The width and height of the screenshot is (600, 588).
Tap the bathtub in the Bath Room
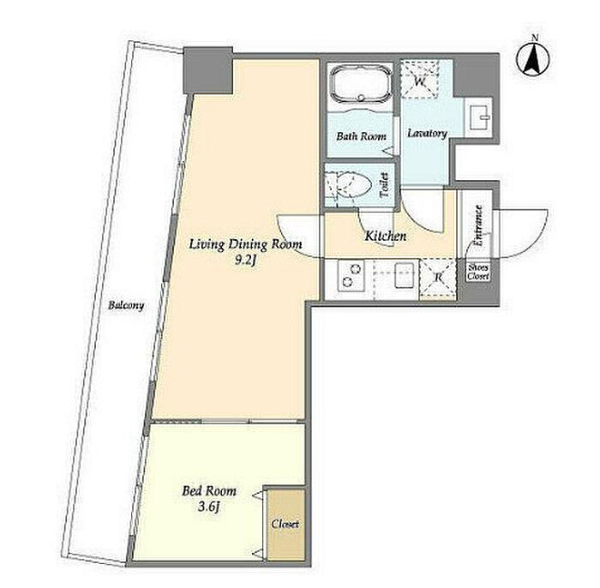(361, 84)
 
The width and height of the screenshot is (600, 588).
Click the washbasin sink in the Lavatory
(478, 117)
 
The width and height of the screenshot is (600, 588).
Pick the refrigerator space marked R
(438, 278)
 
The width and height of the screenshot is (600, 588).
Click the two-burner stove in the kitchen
(351, 276)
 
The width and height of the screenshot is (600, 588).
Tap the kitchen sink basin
(405, 275)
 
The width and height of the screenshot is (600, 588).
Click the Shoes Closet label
(478, 272)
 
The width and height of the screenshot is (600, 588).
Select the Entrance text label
(478, 225)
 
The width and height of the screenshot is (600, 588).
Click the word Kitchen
(386, 236)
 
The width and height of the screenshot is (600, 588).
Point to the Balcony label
(126, 306)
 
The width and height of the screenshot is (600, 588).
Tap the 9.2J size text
(245, 261)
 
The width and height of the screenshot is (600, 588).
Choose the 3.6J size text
(209, 507)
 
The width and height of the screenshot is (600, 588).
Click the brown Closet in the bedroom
(285, 525)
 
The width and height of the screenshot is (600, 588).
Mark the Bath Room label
(361, 136)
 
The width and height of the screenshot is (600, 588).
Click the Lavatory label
(427, 134)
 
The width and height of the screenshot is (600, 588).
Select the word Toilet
(384, 185)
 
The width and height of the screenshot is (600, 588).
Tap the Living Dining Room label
(246, 244)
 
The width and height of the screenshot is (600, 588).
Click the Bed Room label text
(209, 491)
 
